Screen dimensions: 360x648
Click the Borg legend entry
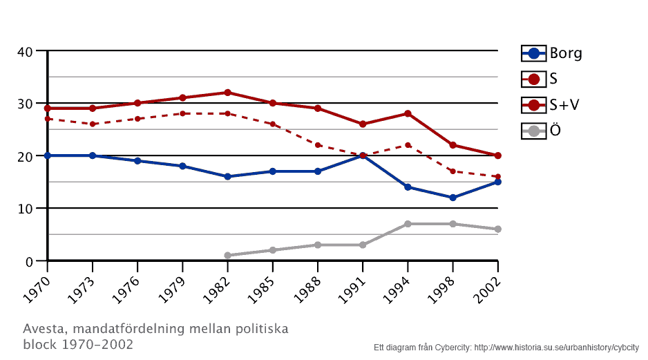552,53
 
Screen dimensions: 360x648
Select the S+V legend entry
551,105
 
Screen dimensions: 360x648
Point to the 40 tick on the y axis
25,51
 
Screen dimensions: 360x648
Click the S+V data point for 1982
227,93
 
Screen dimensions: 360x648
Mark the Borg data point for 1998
452,198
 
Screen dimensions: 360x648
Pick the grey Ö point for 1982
227,256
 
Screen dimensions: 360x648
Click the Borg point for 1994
408,187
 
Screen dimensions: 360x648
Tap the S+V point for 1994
408,113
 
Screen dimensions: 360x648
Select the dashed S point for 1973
93,124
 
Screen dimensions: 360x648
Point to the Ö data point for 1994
408,224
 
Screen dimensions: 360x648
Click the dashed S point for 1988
318,145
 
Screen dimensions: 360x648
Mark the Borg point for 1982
227,177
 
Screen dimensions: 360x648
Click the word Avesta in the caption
42,328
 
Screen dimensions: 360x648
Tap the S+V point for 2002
497,155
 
